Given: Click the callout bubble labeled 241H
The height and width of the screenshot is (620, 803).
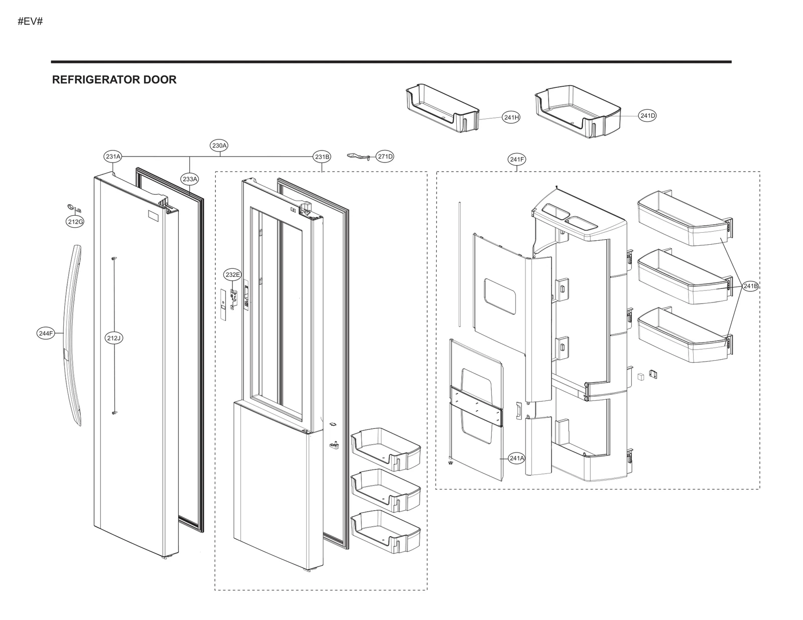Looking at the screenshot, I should (511, 117).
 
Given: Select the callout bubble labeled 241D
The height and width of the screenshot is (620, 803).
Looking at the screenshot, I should (647, 116).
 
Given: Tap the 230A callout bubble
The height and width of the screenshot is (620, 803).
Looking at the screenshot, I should (219, 145).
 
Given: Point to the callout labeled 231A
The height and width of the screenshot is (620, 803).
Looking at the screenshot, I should (113, 157).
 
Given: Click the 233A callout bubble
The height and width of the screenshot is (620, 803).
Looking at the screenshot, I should (190, 179).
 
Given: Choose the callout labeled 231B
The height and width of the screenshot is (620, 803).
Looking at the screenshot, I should (322, 157).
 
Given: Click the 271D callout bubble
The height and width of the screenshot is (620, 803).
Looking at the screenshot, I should (385, 157).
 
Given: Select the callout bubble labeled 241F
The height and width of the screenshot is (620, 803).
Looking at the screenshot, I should (517, 160).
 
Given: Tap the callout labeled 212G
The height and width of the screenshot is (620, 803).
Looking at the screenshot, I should (75, 222).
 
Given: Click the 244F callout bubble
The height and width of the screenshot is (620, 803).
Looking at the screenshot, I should (46, 333).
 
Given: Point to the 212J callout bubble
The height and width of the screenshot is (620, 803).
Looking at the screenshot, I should (114, 338).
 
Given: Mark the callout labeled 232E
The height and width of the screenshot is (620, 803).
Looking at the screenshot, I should (232, 274).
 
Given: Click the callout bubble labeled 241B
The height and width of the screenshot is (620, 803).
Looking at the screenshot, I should (750, 286).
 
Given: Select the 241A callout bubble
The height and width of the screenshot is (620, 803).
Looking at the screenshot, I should (516, 458).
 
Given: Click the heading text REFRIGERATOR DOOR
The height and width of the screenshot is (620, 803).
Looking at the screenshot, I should (114, 80).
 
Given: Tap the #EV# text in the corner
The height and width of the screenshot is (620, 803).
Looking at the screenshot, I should (30, 22).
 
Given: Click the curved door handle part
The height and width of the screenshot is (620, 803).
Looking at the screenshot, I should (72, 331).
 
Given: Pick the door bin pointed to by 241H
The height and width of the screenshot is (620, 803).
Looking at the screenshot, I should (442, 110).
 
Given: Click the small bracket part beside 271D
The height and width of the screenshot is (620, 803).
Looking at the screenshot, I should (359, 156).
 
